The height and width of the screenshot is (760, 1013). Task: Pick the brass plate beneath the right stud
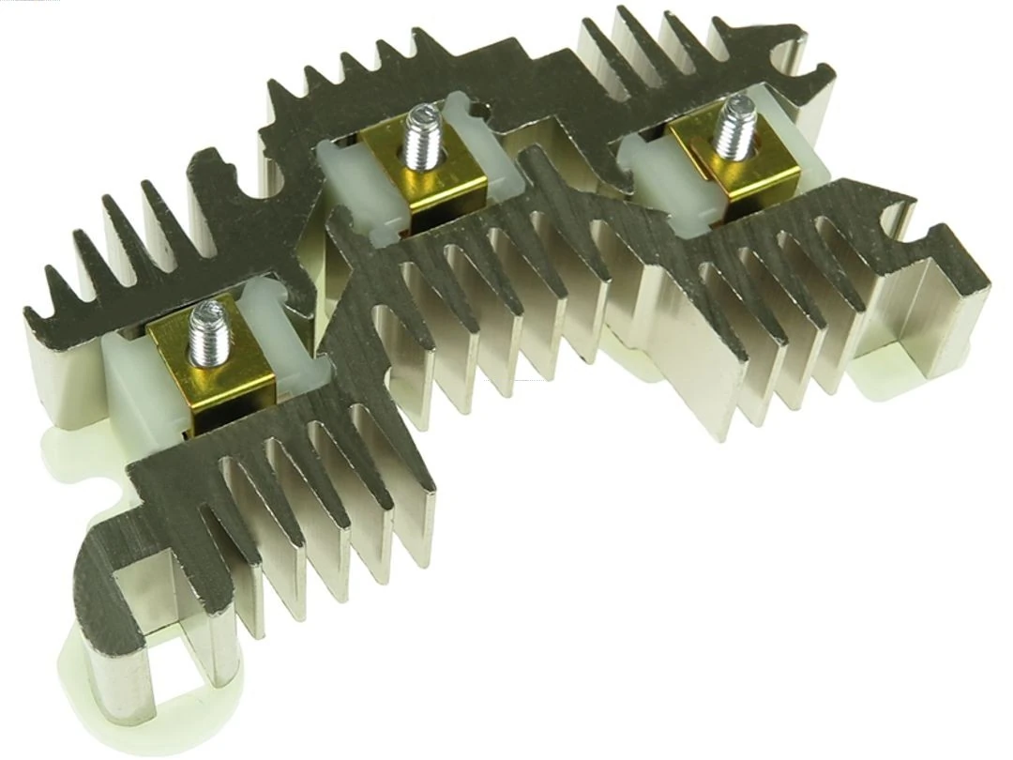tap(750, 174)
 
